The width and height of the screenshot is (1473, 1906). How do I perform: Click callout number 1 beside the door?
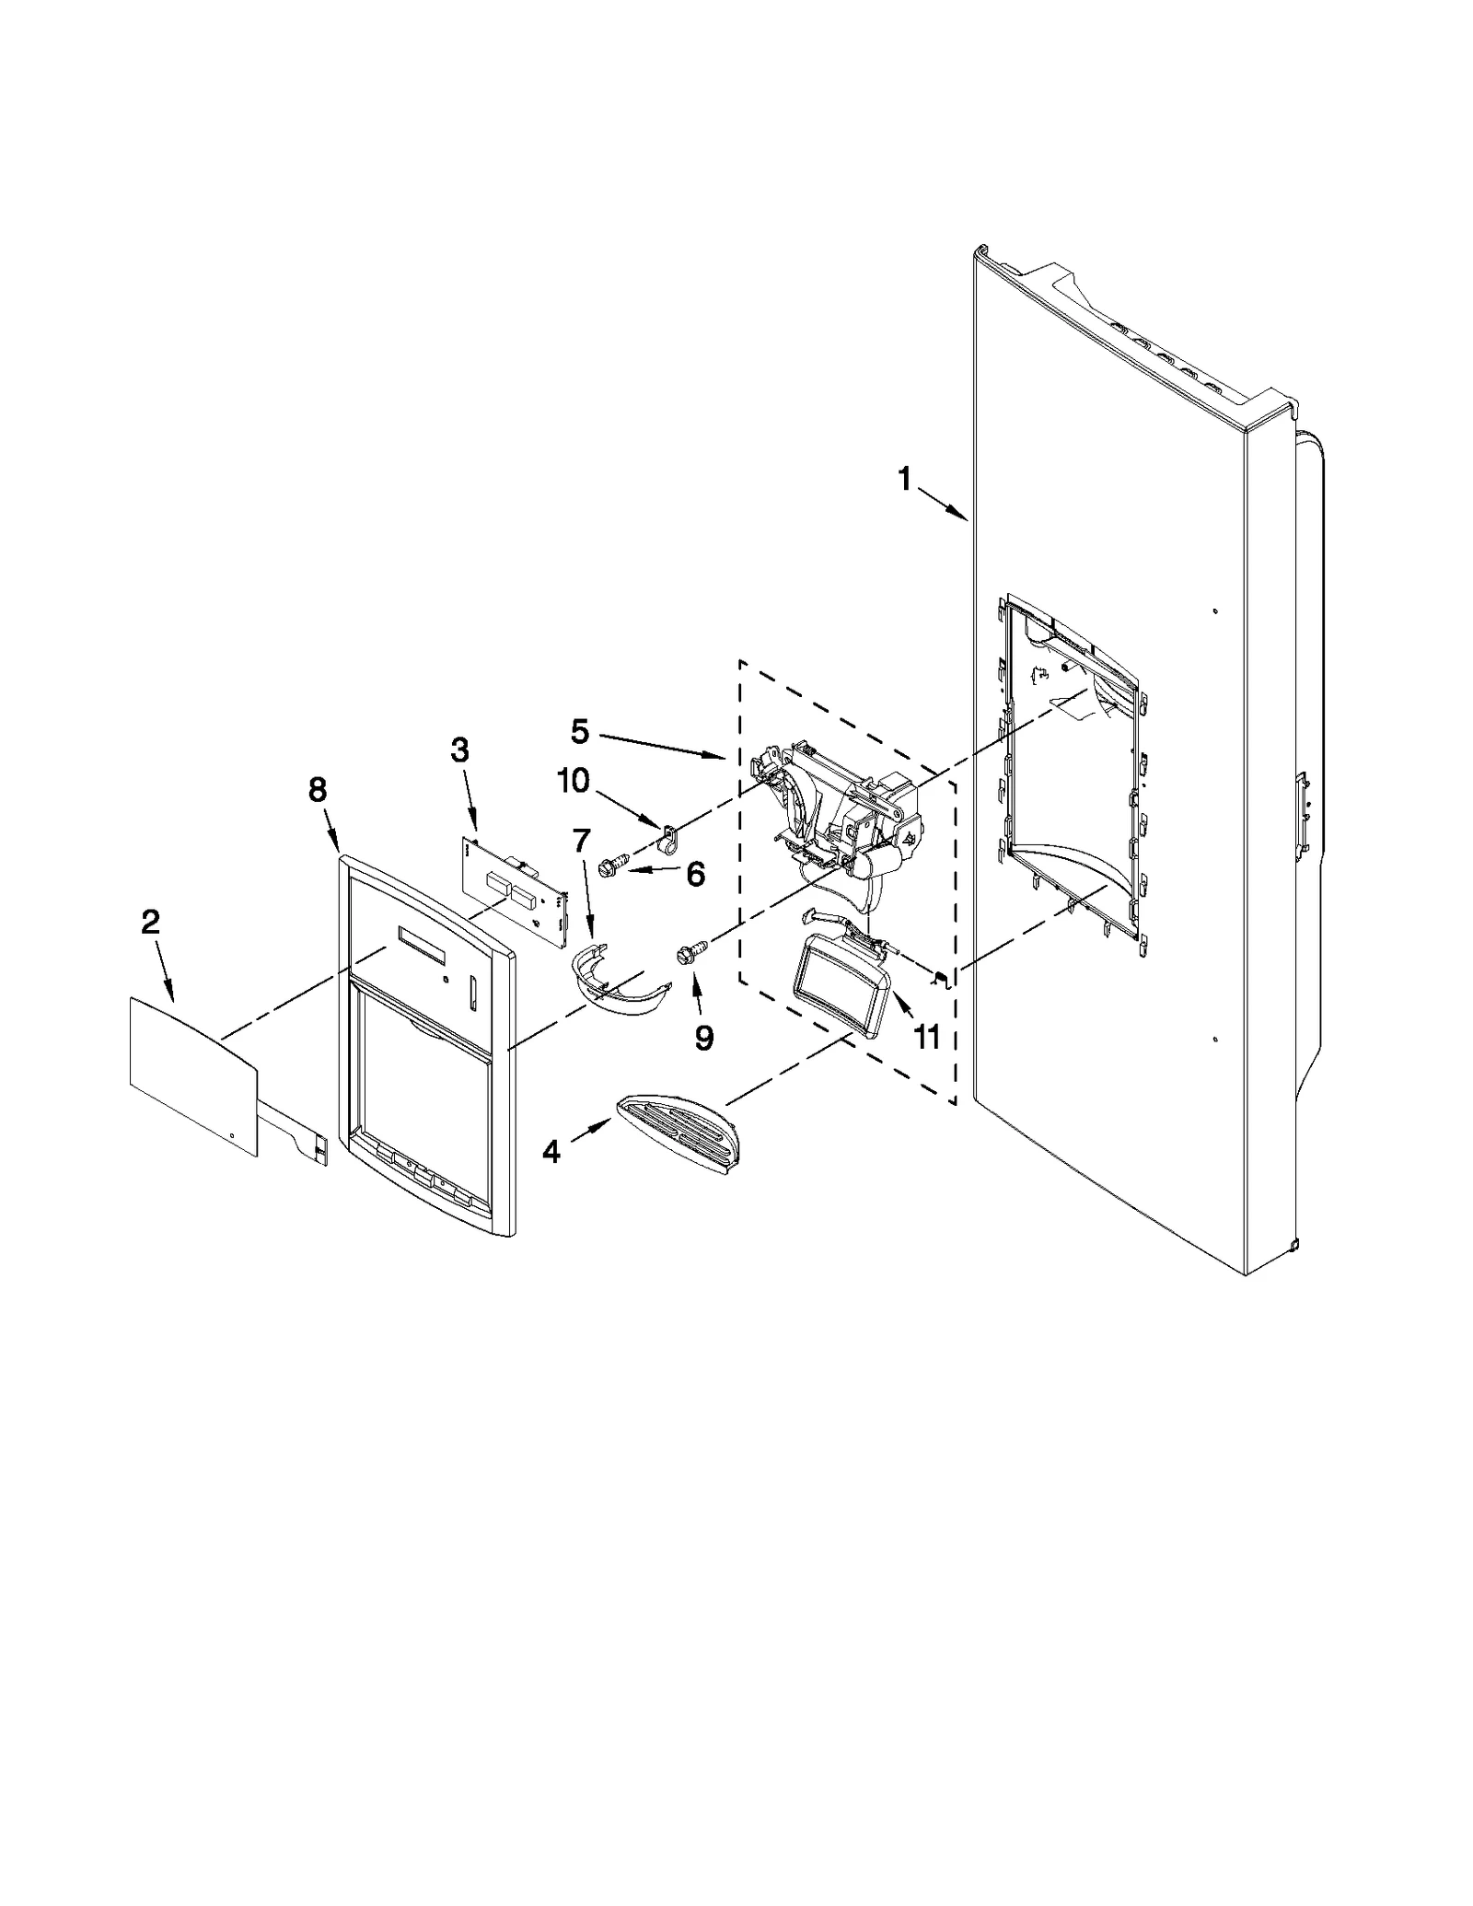[x=905, y=479]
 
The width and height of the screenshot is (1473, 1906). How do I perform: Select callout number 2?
[x=150, y=922]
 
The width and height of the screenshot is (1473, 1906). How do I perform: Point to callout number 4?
[x=551, y=1151]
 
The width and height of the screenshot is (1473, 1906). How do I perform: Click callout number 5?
[x=579, y=732]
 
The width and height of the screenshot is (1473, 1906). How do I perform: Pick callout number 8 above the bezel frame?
[x=318, y=789]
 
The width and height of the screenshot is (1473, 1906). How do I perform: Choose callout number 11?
[x=926, y=1037]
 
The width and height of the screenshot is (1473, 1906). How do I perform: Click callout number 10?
[x=573, y=781]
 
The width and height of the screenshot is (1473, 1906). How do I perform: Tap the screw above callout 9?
[x=690, y=953]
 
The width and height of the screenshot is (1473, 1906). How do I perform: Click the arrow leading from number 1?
[x=943, y=505]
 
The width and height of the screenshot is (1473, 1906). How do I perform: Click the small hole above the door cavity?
[x=1216, y=611]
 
